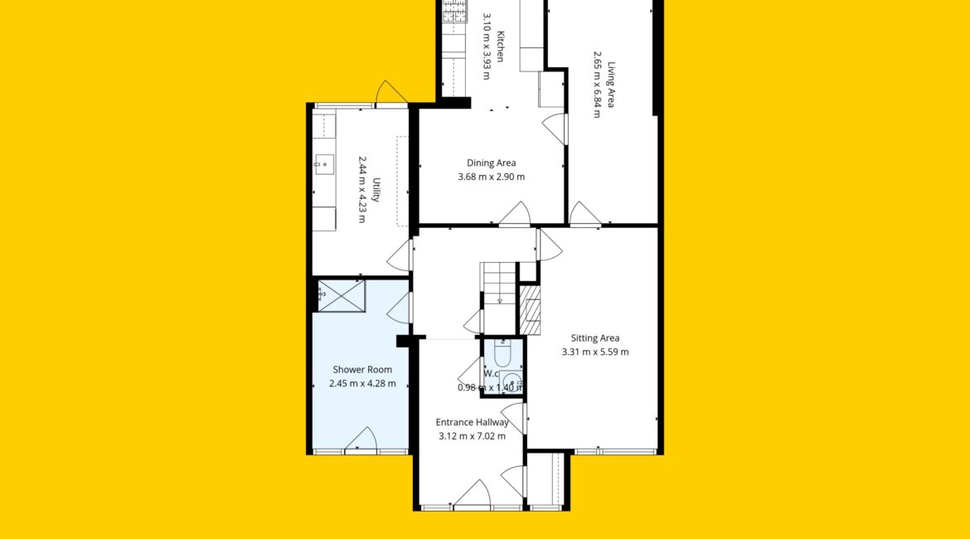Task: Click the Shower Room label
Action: (362, 370)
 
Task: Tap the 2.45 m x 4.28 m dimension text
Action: (362, 384)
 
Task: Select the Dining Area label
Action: (491, 163)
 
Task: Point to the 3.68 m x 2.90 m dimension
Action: (491, 177)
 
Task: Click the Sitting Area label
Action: (595, 338)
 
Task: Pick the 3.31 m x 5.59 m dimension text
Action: (595, 352)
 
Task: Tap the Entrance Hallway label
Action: (473, 423)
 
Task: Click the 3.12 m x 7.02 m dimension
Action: (473, 436)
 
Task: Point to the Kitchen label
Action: (501, 46)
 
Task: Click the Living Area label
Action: (610, 85)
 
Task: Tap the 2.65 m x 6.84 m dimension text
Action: (597, 85)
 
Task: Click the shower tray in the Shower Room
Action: (341, 296)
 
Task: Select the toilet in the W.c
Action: (502, 353)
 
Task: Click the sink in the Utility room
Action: (323, 165)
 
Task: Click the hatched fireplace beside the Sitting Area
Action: (530, 309)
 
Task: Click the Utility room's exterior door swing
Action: (391, 91)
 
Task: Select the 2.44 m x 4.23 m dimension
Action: (362, 189)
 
